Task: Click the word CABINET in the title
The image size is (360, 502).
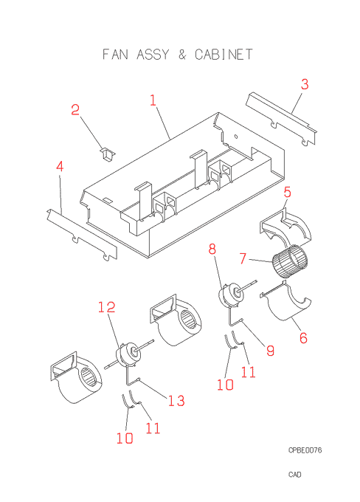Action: [x=224, y=55]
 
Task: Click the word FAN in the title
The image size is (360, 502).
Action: [x=115, y=55]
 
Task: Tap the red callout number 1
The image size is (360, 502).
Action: [x=153, y=100]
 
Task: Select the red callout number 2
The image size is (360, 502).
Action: [x=75, y=110]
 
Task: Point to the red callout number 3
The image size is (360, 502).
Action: [x=305, y=84]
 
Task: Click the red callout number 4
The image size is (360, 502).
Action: [x=60, y=167]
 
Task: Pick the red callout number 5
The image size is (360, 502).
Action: [x=288, y=192]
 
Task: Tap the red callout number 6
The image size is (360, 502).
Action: [x=303, y=338]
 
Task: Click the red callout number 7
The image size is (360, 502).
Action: [x=243, y=258]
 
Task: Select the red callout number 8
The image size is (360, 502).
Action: [x=212, y=249]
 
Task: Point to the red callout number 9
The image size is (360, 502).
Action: [x=271, y=351]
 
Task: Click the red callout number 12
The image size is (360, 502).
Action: [x=106, y=307]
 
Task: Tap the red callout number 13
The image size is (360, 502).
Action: [x=176, y=401]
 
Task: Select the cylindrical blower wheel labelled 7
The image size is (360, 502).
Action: [x=290, y=261]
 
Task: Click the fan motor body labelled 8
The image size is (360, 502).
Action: [x=229, y=295]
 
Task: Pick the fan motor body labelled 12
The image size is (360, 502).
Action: [x=127, y=354]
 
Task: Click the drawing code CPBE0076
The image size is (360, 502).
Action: [x=305, y=450]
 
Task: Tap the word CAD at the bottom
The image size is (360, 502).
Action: [x=295, y=475]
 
